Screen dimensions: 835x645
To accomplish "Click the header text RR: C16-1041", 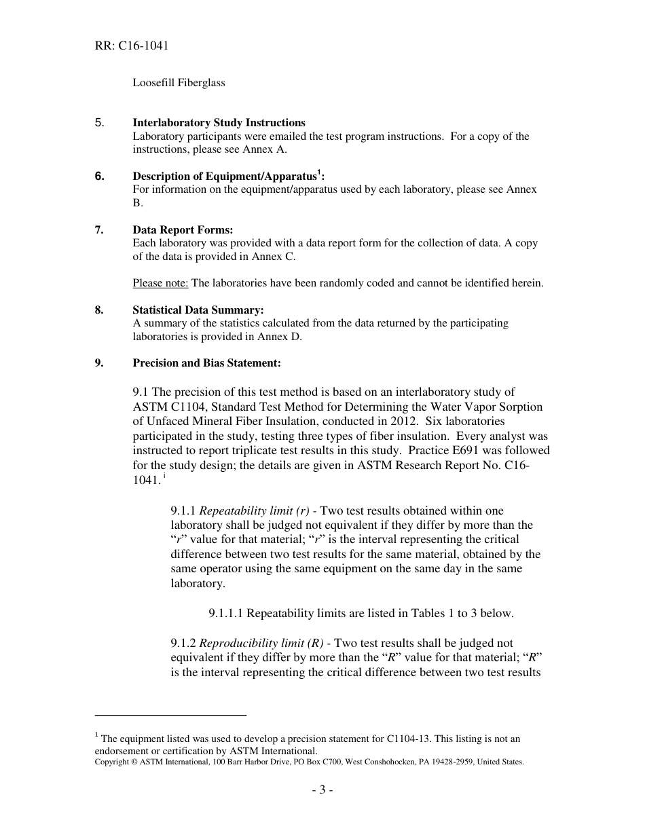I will [132, 46].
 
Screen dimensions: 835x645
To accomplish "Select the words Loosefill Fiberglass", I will [179, 83].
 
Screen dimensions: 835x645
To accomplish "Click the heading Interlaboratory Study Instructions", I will [219, 123].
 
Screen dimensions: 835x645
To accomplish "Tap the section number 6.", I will [99, 177].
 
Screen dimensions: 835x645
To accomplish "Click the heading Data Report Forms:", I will [183, 230].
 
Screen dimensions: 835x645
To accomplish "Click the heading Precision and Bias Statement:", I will [206, 363].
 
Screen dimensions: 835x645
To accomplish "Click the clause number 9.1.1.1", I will [226, 614].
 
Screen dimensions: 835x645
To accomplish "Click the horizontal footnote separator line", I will [170, 715].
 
